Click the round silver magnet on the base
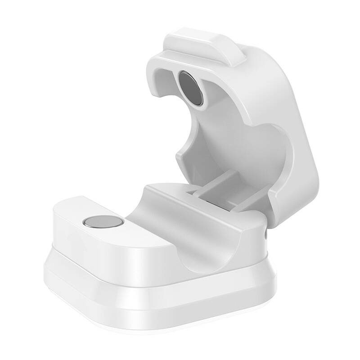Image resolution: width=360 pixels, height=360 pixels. tap(103, 222)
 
